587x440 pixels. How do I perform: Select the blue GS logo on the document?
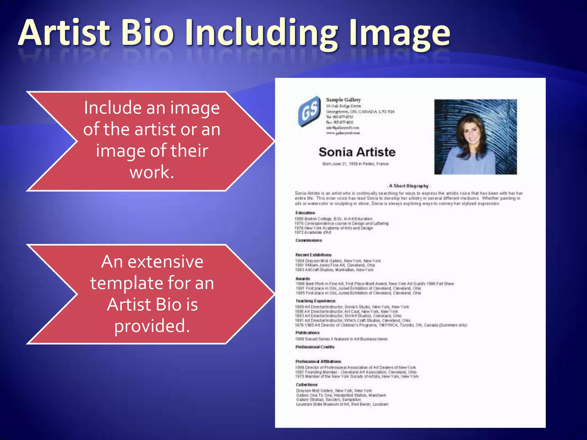coord(310,111)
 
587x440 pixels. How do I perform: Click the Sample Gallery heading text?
coord(343,100)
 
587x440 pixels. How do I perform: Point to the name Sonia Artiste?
coord(357,152)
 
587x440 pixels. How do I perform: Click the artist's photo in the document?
coord(475,137)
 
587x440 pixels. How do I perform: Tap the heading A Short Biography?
coord(408,186)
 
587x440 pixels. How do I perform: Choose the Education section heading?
coord(305,213)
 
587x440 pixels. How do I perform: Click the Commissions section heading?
coord(309,240)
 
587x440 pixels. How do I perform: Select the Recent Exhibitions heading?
coord(313,255)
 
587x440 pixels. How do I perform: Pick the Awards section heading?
coord(303,279)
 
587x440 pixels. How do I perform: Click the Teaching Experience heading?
coord(315,301)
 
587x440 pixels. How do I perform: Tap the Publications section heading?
coord(307,333)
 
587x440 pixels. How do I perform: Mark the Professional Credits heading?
coord(315,347)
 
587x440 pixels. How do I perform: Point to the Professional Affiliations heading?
coord(318,362)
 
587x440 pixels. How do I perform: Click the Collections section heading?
coord(307,385)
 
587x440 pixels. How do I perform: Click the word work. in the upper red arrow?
coord(152,172)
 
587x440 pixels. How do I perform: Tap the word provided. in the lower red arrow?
coord(152,326)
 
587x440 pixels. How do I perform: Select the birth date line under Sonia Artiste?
coord(355,164)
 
